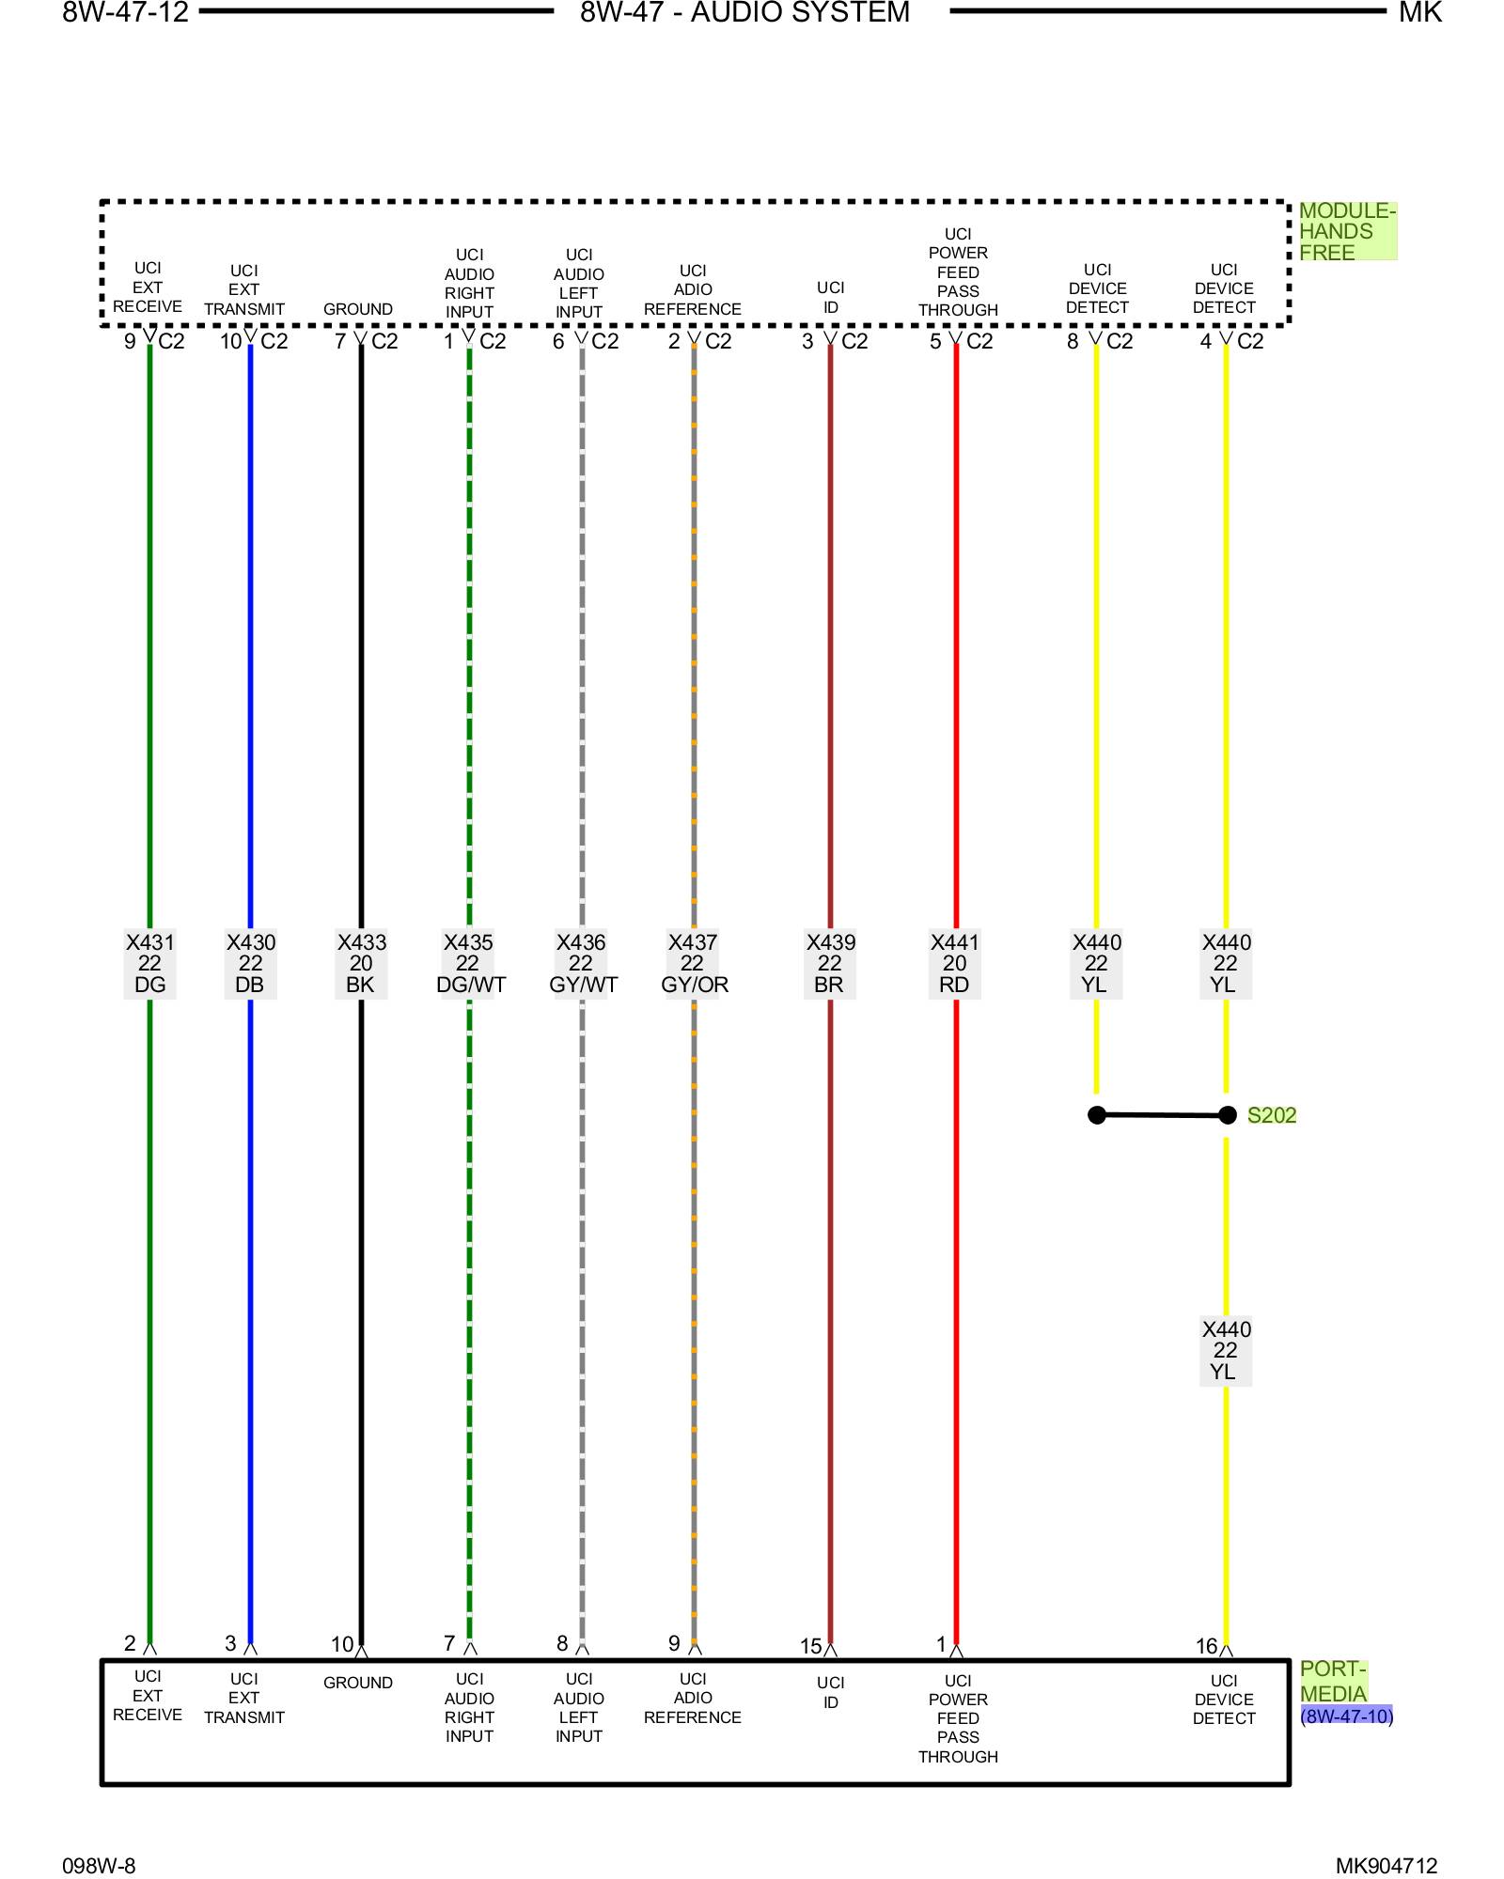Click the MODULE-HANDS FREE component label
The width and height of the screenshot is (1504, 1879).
pos(1346,231)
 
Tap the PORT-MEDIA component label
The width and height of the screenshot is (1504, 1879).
pos(1333,1681)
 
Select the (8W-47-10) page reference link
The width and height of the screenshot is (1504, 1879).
pos(1346,1716)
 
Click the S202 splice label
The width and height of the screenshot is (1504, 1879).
pos(1271,1115)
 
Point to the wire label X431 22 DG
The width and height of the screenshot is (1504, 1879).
pos(149,963)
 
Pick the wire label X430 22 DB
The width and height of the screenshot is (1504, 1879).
pos(250,963)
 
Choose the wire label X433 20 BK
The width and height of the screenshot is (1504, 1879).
pos(361,963)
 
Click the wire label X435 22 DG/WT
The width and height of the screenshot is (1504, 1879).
pos(470,963)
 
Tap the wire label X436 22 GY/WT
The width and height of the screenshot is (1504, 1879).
pos(582,963)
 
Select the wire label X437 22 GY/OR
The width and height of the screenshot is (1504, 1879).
pos(694,963)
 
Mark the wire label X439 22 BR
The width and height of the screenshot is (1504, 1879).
pos(830,963)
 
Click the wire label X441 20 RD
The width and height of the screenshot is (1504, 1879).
pos(955,963)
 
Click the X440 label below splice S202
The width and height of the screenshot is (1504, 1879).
pos(1226,1350)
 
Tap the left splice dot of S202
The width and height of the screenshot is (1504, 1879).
pos(1097,1115)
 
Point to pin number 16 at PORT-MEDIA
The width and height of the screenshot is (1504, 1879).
pos(1206,1646)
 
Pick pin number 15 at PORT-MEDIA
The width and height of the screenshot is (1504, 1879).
pos(810,1646)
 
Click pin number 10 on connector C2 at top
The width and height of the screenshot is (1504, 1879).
pos(230,341)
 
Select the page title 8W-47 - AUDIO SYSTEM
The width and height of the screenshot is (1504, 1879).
pos(744,13)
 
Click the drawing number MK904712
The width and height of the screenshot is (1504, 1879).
pos(1386,1866)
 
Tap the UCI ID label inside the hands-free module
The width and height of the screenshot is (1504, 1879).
pos(830,297)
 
